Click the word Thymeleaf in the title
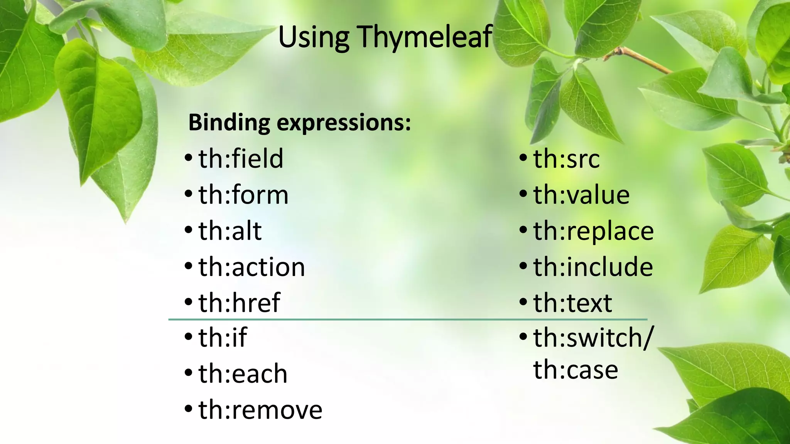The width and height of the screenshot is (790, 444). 425,37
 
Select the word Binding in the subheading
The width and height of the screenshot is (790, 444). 229,123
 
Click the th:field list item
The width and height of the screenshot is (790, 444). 241,158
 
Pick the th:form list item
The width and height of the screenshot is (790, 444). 243,195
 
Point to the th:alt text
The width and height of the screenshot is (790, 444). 230,231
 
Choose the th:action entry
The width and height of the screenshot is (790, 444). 252,267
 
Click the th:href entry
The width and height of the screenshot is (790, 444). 239,303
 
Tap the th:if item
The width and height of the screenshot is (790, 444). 223,338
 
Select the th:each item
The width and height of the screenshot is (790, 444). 243,373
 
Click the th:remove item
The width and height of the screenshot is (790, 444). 260,410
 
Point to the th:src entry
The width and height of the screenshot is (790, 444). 566,159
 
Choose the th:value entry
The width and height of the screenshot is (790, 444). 581,195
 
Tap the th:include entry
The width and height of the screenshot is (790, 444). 593,267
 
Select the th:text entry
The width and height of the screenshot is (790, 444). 572,303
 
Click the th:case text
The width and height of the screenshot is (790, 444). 576,370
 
